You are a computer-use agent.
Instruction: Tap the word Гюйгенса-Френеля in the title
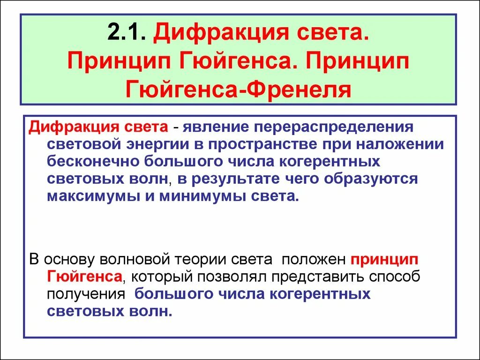pyautogui.click(x=239, y=89)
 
